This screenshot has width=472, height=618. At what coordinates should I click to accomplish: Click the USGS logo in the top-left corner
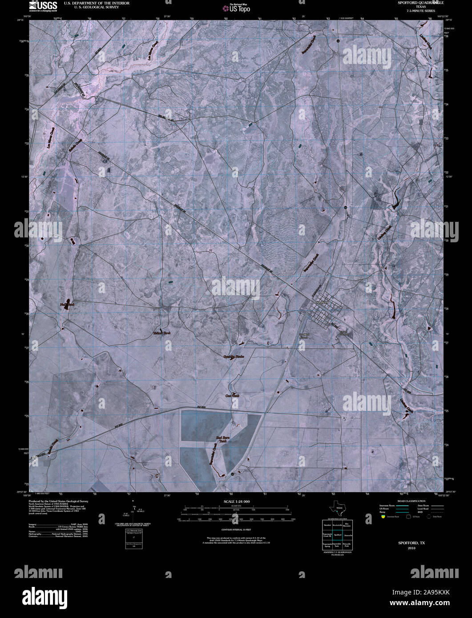[x=43, y=5]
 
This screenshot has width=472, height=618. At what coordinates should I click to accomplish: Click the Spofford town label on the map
[x=321, y=302]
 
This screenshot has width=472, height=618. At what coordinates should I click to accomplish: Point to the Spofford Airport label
[x=304, y=335]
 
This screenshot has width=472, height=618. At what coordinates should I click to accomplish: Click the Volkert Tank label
[x=161, y=333]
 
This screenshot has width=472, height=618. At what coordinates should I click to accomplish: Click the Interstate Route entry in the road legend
[x=388, y=506]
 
